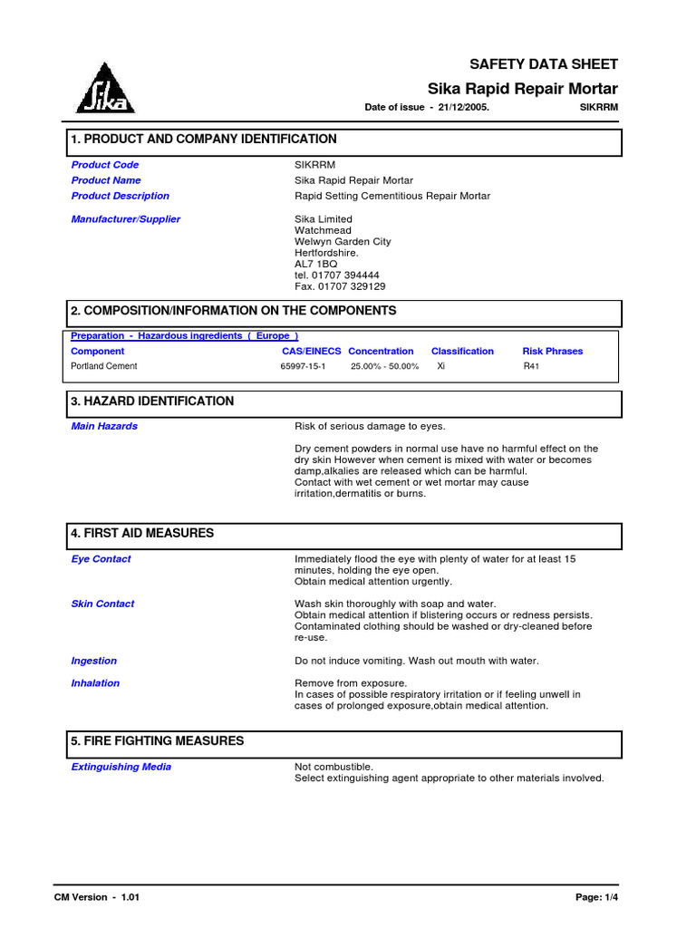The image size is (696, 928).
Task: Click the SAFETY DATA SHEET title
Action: pyautogui.click(x=543, y=64)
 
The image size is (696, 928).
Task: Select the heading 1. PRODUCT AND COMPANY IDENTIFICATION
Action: pyautogui.click(x=204, y=140)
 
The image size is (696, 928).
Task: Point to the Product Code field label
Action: pyautogui.click(x=105, y=165)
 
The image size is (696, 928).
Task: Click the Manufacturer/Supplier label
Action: pyautogui.click(x=125, y=219)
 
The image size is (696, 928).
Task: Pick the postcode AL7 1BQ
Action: pyautogui.click(x=316, y=264)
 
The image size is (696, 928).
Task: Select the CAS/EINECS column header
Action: pyautogui.click(x=311, y=352)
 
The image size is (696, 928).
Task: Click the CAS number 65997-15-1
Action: pyautogui.click(x=303, y=367)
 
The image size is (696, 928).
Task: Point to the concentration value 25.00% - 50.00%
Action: pyautogui.click(x=384, y=367)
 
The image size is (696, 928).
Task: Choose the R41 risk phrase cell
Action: pyautogui.click(x=531, y=367)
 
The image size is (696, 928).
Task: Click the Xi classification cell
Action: pyautogui.click(x=440, y=367)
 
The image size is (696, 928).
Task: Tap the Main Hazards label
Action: pyautogui.click(x=104, y=426)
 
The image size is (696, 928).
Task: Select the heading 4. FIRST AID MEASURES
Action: pyautogui.click(x=142, y=534)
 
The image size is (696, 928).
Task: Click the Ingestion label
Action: pyautogui.click(x=94, y=662)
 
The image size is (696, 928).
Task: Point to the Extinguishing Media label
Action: pyautogui.click(x=121, y=767)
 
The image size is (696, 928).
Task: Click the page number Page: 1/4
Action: pyautogui.click(x=596, y=897)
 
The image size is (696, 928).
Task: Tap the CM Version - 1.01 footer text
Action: pyautogui.click(x=97, y=897)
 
